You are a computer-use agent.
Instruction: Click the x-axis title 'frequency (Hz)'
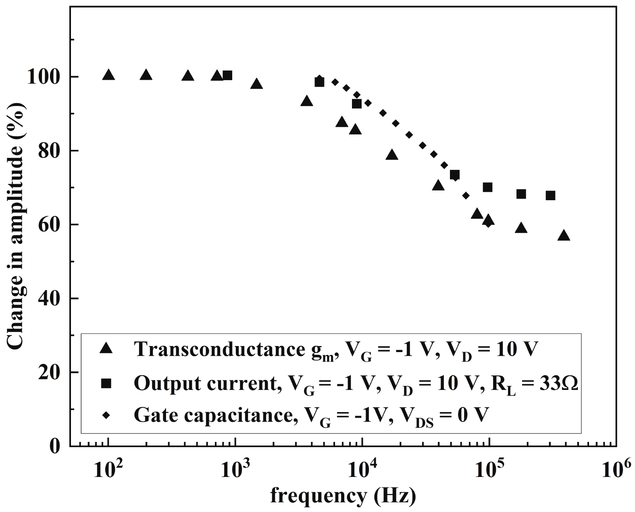point(343,496)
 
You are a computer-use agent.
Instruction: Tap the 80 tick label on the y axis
point(49,151)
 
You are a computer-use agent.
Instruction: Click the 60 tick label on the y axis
point(49,225)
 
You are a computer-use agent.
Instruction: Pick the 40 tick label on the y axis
point(49,298)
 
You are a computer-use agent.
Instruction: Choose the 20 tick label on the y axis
point(49,372)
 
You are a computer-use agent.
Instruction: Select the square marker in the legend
point(107,383)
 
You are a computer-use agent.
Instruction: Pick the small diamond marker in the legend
point(107,415)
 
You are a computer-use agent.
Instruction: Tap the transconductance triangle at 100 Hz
point(108,75)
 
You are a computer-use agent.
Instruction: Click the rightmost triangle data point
point(564,236)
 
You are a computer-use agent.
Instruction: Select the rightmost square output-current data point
point(550,195)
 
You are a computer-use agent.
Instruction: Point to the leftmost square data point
point(227,75)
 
